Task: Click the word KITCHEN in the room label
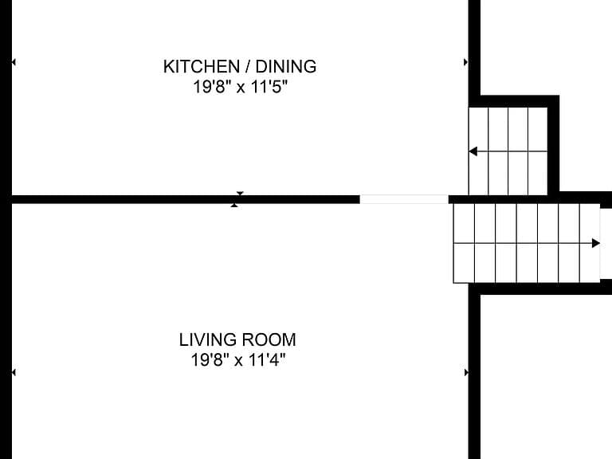tap(202, 67)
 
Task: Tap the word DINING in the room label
tap(286, 67)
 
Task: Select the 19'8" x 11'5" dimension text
tap(240, 87)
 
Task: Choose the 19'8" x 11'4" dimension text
tap(238, 359)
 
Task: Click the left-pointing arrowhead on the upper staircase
tap(473, 151)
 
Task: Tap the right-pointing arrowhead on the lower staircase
tap(595, 244)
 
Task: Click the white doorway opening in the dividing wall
tap(404, 199)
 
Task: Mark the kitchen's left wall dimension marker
tap(14, 62)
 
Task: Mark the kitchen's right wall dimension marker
tap(465, 62)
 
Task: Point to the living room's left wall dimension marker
tap(14, 373)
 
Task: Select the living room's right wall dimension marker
tap(466, 373)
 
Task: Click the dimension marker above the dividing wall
tap(240, 193)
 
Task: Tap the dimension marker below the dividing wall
tap(234, 206)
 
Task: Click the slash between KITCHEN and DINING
tap(248, 67)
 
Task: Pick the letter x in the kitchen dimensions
tap(241, 88)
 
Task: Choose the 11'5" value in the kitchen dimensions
tap(269, 87)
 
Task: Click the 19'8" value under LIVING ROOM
tap(210, 359)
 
